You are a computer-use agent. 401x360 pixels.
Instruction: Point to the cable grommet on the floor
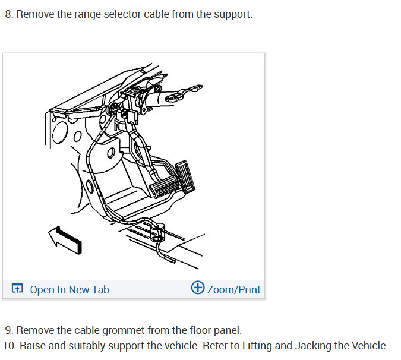157,229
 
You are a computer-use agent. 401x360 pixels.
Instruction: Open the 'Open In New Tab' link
70,290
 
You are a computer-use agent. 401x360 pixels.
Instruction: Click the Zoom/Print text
233,290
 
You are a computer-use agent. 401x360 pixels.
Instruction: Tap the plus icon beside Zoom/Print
197,288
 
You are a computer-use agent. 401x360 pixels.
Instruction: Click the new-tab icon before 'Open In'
18,289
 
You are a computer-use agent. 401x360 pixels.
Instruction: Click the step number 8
8,14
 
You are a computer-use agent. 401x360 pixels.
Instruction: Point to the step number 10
8,345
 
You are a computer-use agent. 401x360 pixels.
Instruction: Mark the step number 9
8,330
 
